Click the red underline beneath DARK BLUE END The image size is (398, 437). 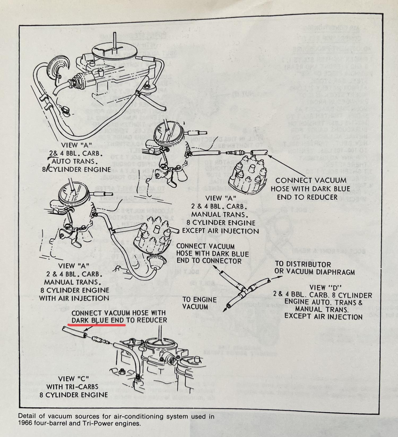(x=97, y=324)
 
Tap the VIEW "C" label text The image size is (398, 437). (x=73, y=379)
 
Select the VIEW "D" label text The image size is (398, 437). (x=325, y=288)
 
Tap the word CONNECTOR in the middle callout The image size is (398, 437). (x=222, y=261)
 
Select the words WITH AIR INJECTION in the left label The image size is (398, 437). (x=74, y=298)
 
